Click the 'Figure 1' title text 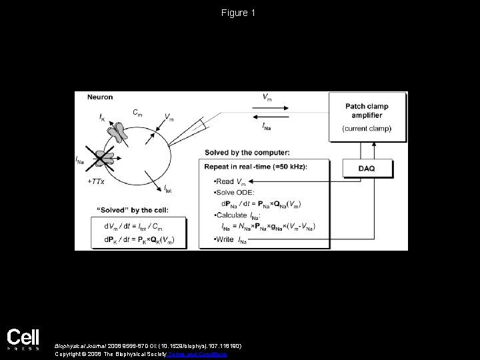[239, 13]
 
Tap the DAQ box [366, 169]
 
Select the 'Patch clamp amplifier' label [366, 111]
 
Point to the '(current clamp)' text [366, 128]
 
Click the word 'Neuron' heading [99, 97]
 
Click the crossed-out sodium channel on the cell [103, 158]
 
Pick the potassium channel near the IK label [119, 133]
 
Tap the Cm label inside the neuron [136, 113]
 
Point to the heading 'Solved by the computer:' [247, 152]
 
